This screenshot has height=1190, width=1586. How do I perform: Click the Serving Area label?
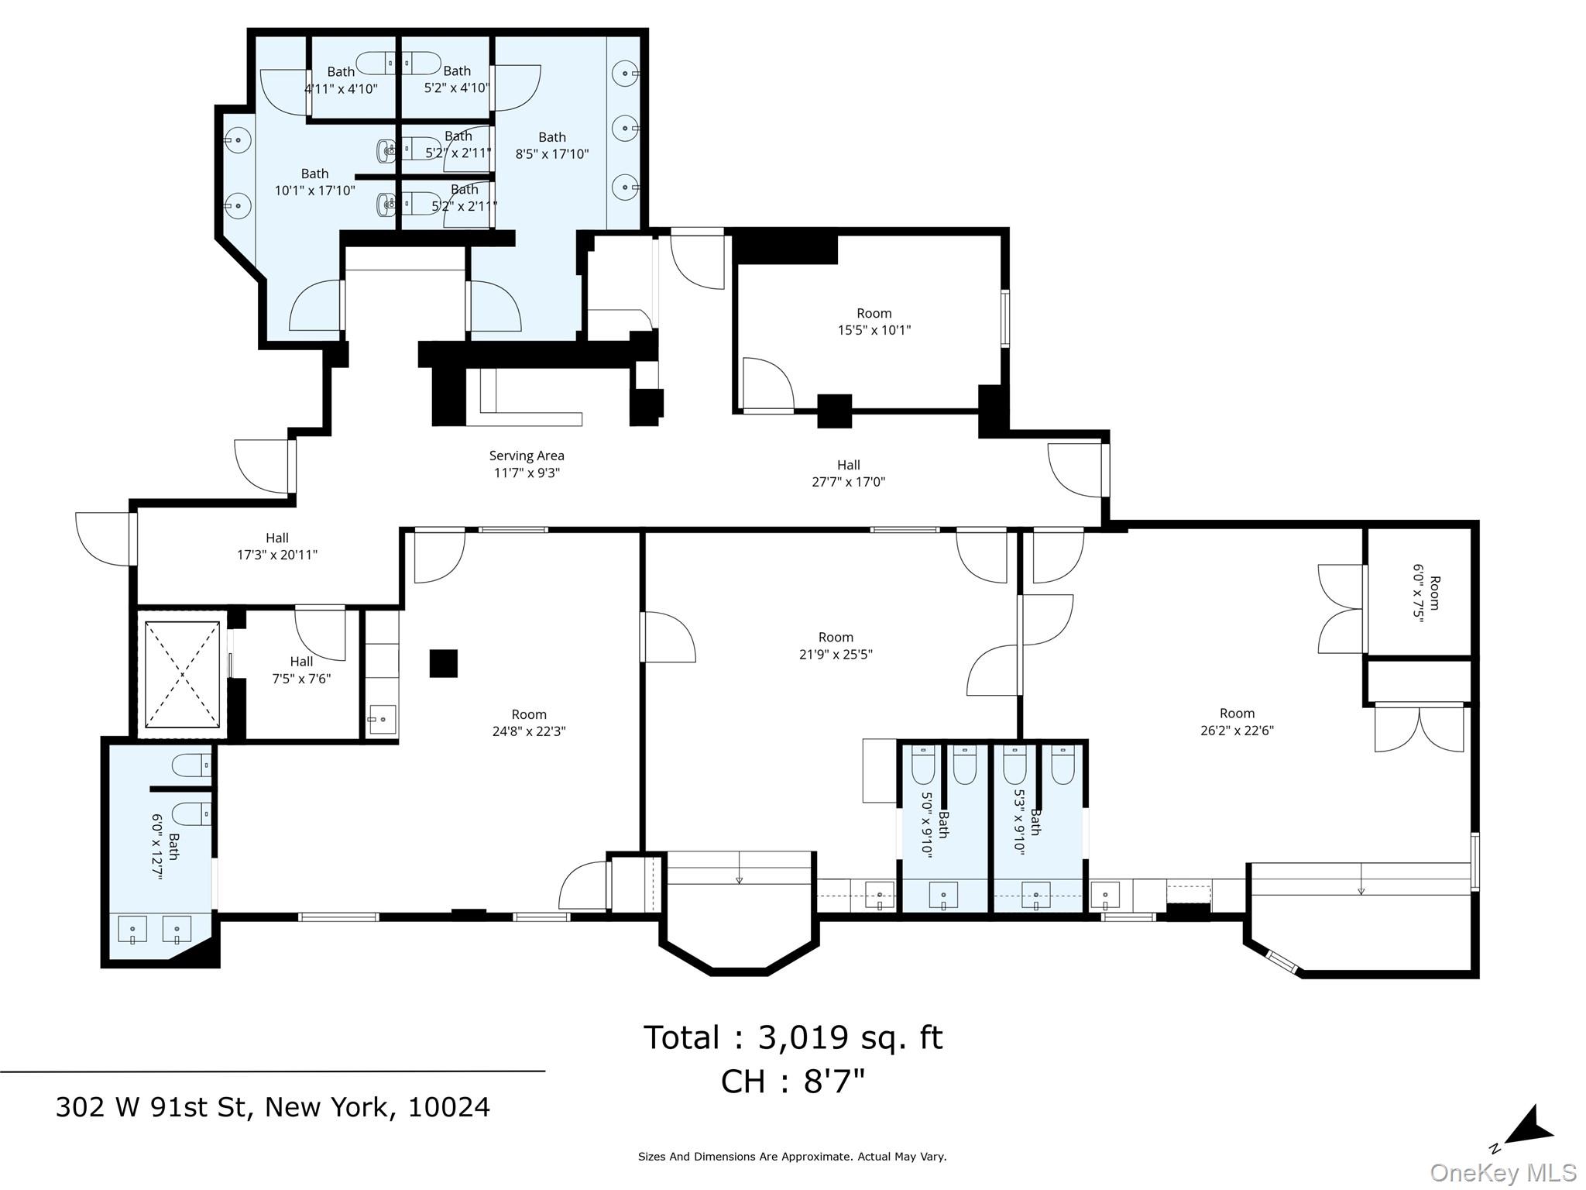pos(527,464)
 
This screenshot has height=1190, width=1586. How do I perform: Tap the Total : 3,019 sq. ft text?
pos(792,1037)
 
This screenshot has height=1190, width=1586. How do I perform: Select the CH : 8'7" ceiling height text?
pos(792,1082)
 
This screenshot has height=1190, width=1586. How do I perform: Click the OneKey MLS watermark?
pos(1502,1173)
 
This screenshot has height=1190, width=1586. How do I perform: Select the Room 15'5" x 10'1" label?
pos(874,322)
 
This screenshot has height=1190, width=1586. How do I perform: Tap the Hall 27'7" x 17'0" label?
pos(848,473)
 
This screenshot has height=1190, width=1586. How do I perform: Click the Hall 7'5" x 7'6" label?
pos(301,670)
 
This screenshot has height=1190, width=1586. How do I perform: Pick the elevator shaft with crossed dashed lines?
pos(182,674)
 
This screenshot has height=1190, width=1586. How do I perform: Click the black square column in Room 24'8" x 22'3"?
pos(444,664)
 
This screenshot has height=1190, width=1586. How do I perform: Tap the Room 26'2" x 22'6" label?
pos(1237,721)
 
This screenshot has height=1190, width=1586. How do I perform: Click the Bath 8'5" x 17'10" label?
pos(552,146)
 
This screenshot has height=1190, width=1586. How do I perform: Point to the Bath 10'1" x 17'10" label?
pos(314,182)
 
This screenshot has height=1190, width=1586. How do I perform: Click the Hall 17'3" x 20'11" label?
pos(277,546)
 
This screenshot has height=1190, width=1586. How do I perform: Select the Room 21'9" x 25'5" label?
pos(836,645)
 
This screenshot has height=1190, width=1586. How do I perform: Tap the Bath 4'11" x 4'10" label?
pos(341,80)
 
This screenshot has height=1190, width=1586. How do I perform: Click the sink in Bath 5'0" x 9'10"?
pos(943,895)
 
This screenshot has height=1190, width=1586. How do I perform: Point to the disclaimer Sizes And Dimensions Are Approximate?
pos(792,1157)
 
